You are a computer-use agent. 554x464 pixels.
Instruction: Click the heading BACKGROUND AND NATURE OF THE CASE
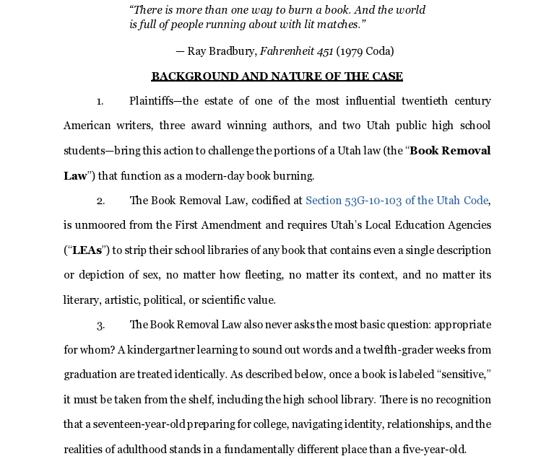point(277,76)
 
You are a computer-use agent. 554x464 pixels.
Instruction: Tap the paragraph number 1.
point(100,101)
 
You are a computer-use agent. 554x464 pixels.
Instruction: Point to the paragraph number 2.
point(100,201)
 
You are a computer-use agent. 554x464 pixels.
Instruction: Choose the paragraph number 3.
point(100,325)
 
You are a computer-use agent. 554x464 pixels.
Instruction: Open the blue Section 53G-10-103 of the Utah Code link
point(397,201)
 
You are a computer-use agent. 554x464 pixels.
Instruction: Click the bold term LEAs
point(87,250)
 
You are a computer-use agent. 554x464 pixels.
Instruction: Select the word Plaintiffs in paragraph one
point(152,101)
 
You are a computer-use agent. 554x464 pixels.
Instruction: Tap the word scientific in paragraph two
point(217,300)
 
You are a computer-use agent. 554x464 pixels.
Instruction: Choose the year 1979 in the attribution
point(349,51)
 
